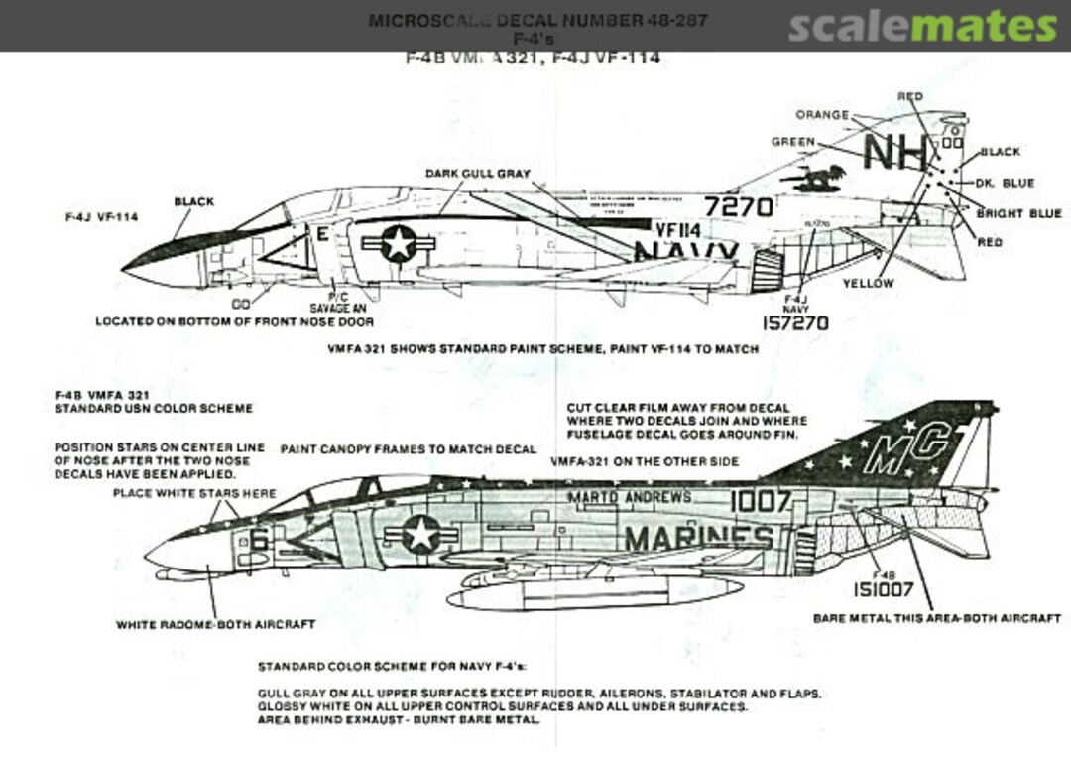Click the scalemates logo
tap(922, 27)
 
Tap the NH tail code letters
tap(895, 153)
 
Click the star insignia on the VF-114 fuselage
tap(398, 243)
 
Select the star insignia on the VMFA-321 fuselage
tap(420, 534)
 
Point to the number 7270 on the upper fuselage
tap(739, 207)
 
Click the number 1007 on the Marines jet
tap(761, 501)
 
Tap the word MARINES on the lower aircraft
tap(698, 539)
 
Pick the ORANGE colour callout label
tap(822, 115)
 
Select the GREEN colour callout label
tap(793, 142)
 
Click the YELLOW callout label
tap(868, 283)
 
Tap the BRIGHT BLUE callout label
tap(1018, 213)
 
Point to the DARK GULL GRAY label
tap(478, 173)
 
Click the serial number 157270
tap(795, 323)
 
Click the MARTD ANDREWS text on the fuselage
tap(630, 497)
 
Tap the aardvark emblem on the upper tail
tap(812, 178)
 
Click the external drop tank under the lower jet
tap(595, 592)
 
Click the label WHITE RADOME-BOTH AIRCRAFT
tap(215, 625)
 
